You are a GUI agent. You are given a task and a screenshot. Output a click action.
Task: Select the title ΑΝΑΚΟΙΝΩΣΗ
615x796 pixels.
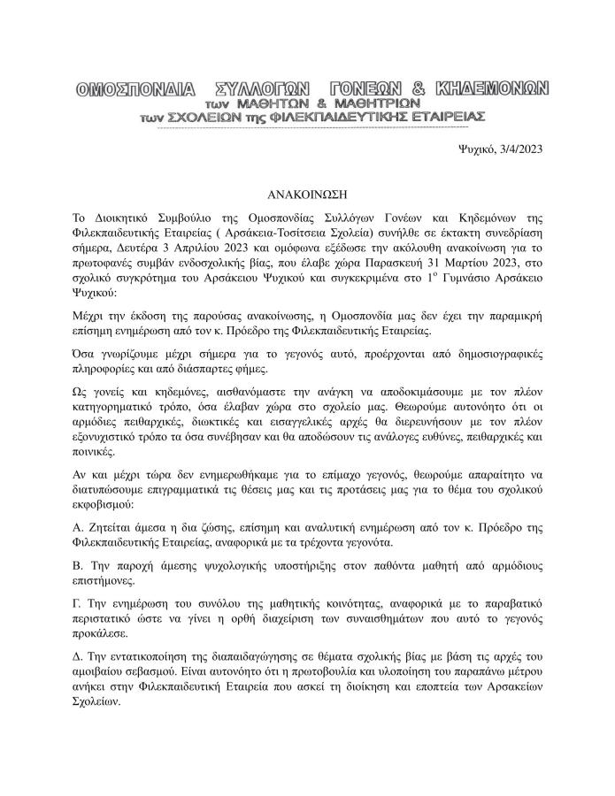click(307, 191)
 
